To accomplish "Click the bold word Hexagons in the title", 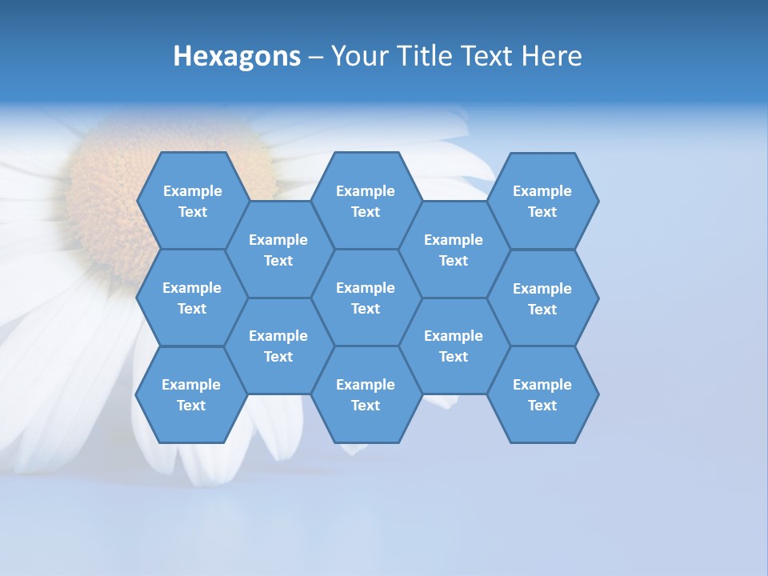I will (x=237, y=56).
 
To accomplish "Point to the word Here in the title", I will (x=551, y=56).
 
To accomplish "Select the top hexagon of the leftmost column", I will (x=193, y=201).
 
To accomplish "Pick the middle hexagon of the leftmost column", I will (x=192, y=298).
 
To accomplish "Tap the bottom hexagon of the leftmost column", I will (x=191, y=394).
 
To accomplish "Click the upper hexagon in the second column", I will (x=278, y=250).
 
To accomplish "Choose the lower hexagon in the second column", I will (x=278, y=346).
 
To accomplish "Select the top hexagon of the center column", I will (x=366, y=201).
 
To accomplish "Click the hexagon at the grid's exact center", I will (x=366, y=298).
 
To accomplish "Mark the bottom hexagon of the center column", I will (x=366, y=394).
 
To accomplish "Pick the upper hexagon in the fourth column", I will (x=454, y=250).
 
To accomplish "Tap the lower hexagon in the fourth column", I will (x=454, y=346).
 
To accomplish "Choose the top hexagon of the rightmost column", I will (x=542, y=201).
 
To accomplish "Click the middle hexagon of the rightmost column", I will (x=542, y=298).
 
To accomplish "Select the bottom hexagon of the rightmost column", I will (x=542, y=394).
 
